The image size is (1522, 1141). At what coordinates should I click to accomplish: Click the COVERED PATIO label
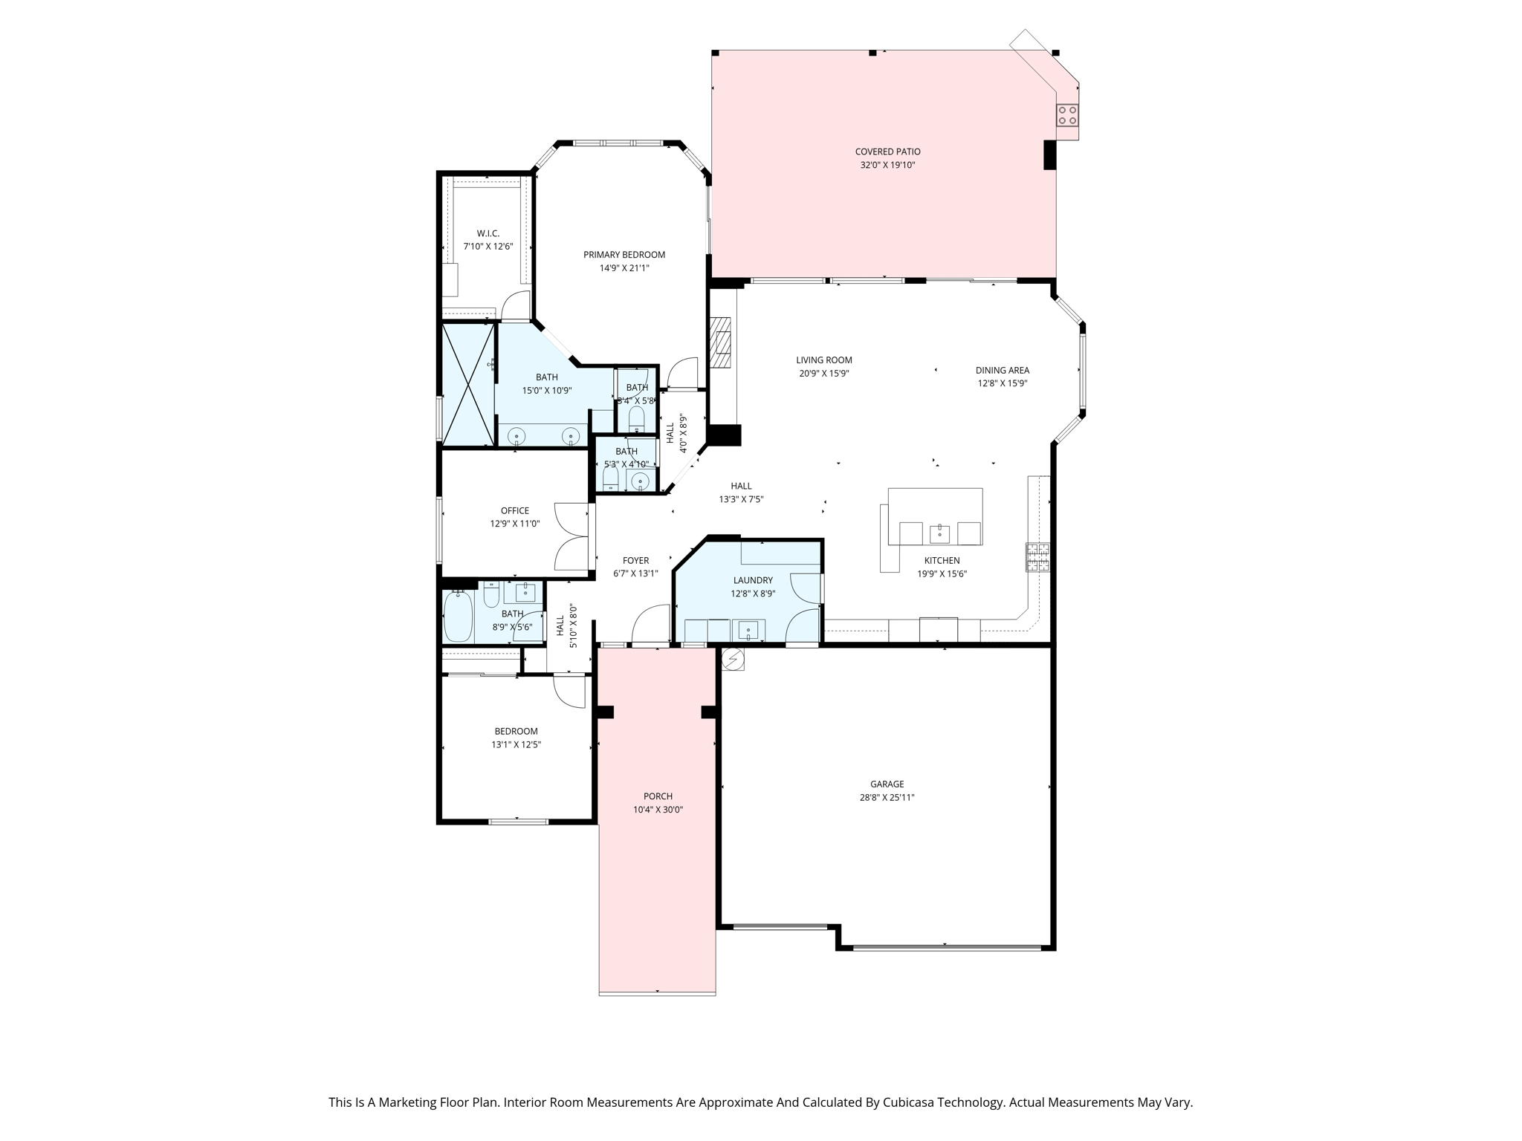[x=887, y=152]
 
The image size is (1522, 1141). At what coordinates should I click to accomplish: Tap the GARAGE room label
[x=887, y=784]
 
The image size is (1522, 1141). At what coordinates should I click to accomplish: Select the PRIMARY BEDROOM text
[x=624, y=255]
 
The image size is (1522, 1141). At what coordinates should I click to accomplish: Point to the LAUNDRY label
[x=753, y=580]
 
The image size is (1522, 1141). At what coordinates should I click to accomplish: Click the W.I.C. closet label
[x=488, y=233]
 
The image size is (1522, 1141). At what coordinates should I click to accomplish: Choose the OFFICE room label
[x=515, y=510]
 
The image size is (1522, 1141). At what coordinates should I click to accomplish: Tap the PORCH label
[x=658, y=796]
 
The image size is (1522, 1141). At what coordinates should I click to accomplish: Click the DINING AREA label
[x=1003, y=370]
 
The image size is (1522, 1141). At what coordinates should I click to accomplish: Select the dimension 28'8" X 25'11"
[x=887, y=797]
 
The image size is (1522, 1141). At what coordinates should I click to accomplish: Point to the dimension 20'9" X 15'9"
[x=824, y=374]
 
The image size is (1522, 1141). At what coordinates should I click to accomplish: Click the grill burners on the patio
[x=1068, y=115]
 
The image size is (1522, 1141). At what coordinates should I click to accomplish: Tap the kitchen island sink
[x=940, y=533]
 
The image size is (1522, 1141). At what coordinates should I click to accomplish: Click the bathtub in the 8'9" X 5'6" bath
[x=459, y=616]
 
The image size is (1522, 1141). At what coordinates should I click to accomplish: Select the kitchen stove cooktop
[x=1038, y=557]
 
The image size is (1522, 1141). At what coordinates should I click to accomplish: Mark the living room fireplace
[x=720, y=342]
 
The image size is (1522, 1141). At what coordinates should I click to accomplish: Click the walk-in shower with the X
[x=468, y=385]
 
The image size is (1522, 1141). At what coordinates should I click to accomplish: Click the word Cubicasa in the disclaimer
[x=910, y=1102]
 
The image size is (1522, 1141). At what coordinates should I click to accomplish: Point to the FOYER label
[x=636, y=561]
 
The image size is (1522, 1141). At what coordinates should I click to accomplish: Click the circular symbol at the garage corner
[x=733, y=659]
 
